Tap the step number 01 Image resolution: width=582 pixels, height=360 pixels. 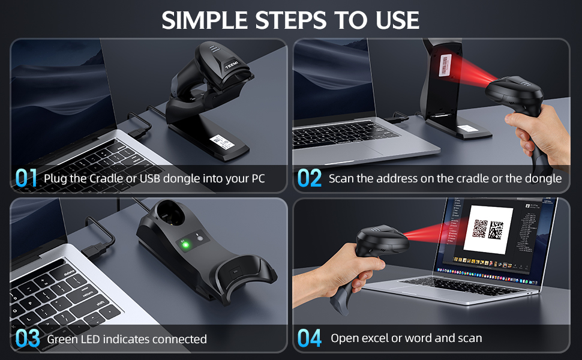click(26, 178)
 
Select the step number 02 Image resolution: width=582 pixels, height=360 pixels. click(310, 178)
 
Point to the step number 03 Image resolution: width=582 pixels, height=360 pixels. click(28, 338)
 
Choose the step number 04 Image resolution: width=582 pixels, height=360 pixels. click(310, 338)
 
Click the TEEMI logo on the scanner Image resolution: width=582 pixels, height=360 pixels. click(231, 64)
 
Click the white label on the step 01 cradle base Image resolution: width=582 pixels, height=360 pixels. click(219, 142)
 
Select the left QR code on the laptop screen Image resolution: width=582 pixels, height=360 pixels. click(480, 229)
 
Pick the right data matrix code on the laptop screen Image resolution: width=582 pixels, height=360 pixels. click(497, 230)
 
